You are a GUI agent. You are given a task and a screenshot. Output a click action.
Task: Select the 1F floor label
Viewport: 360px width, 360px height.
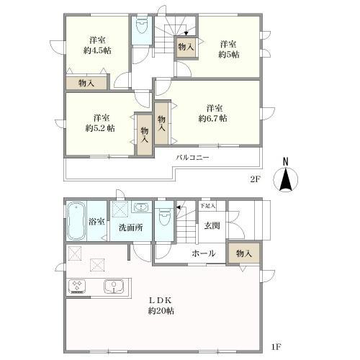pos(276,348)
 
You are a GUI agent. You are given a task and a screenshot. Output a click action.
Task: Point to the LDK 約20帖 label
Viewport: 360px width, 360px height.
pos(161,305)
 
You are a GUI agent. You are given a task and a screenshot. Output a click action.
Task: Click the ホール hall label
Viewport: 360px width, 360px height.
pos(203,253)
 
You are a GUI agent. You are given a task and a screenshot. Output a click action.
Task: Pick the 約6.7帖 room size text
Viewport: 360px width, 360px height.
pos(213,117)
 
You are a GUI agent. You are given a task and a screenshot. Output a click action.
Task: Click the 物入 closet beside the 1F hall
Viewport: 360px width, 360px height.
pos(243,253)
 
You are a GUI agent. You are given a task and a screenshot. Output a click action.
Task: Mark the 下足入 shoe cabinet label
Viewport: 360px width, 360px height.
pos(208,206)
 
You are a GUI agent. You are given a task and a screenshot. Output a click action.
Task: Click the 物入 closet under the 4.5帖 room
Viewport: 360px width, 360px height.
pos(86,84)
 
